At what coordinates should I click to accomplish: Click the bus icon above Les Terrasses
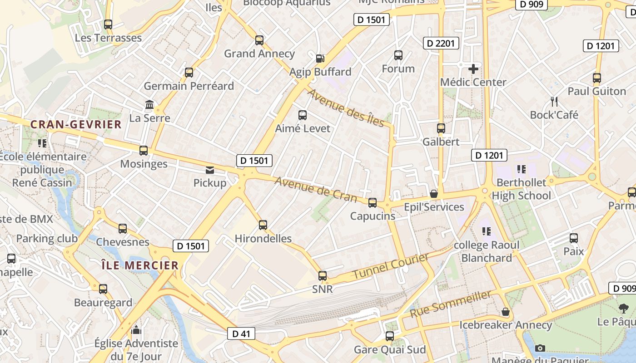click(108, 25)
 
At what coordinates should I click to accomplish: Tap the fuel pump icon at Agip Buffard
click(320, 58)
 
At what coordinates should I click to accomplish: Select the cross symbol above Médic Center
click(473, 69)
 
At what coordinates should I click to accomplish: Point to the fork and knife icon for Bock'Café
click(554, 101)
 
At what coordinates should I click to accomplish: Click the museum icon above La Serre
click(149, 105)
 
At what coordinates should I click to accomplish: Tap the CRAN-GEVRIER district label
click(76, 124)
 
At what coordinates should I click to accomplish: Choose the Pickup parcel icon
click(210, 170)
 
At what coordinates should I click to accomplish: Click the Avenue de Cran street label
click(316, 189)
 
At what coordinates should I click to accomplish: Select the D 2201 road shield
click(441, 43)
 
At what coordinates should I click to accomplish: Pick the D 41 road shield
click(241, 334)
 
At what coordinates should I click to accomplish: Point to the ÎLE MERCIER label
click(140, 265)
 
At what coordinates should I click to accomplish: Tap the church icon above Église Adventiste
click(136, 330)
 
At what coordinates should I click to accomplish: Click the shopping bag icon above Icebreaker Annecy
click(505, 312)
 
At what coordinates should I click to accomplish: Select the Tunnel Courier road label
click(391, 266)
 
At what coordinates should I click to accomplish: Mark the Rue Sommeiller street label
click(450, 304)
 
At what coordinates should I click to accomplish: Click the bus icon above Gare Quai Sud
click(390, 336)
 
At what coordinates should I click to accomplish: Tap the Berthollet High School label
click(522, 189)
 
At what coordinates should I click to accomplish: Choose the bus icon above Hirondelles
click(263, 225)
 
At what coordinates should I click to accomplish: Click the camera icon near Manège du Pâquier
click(540, 348)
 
